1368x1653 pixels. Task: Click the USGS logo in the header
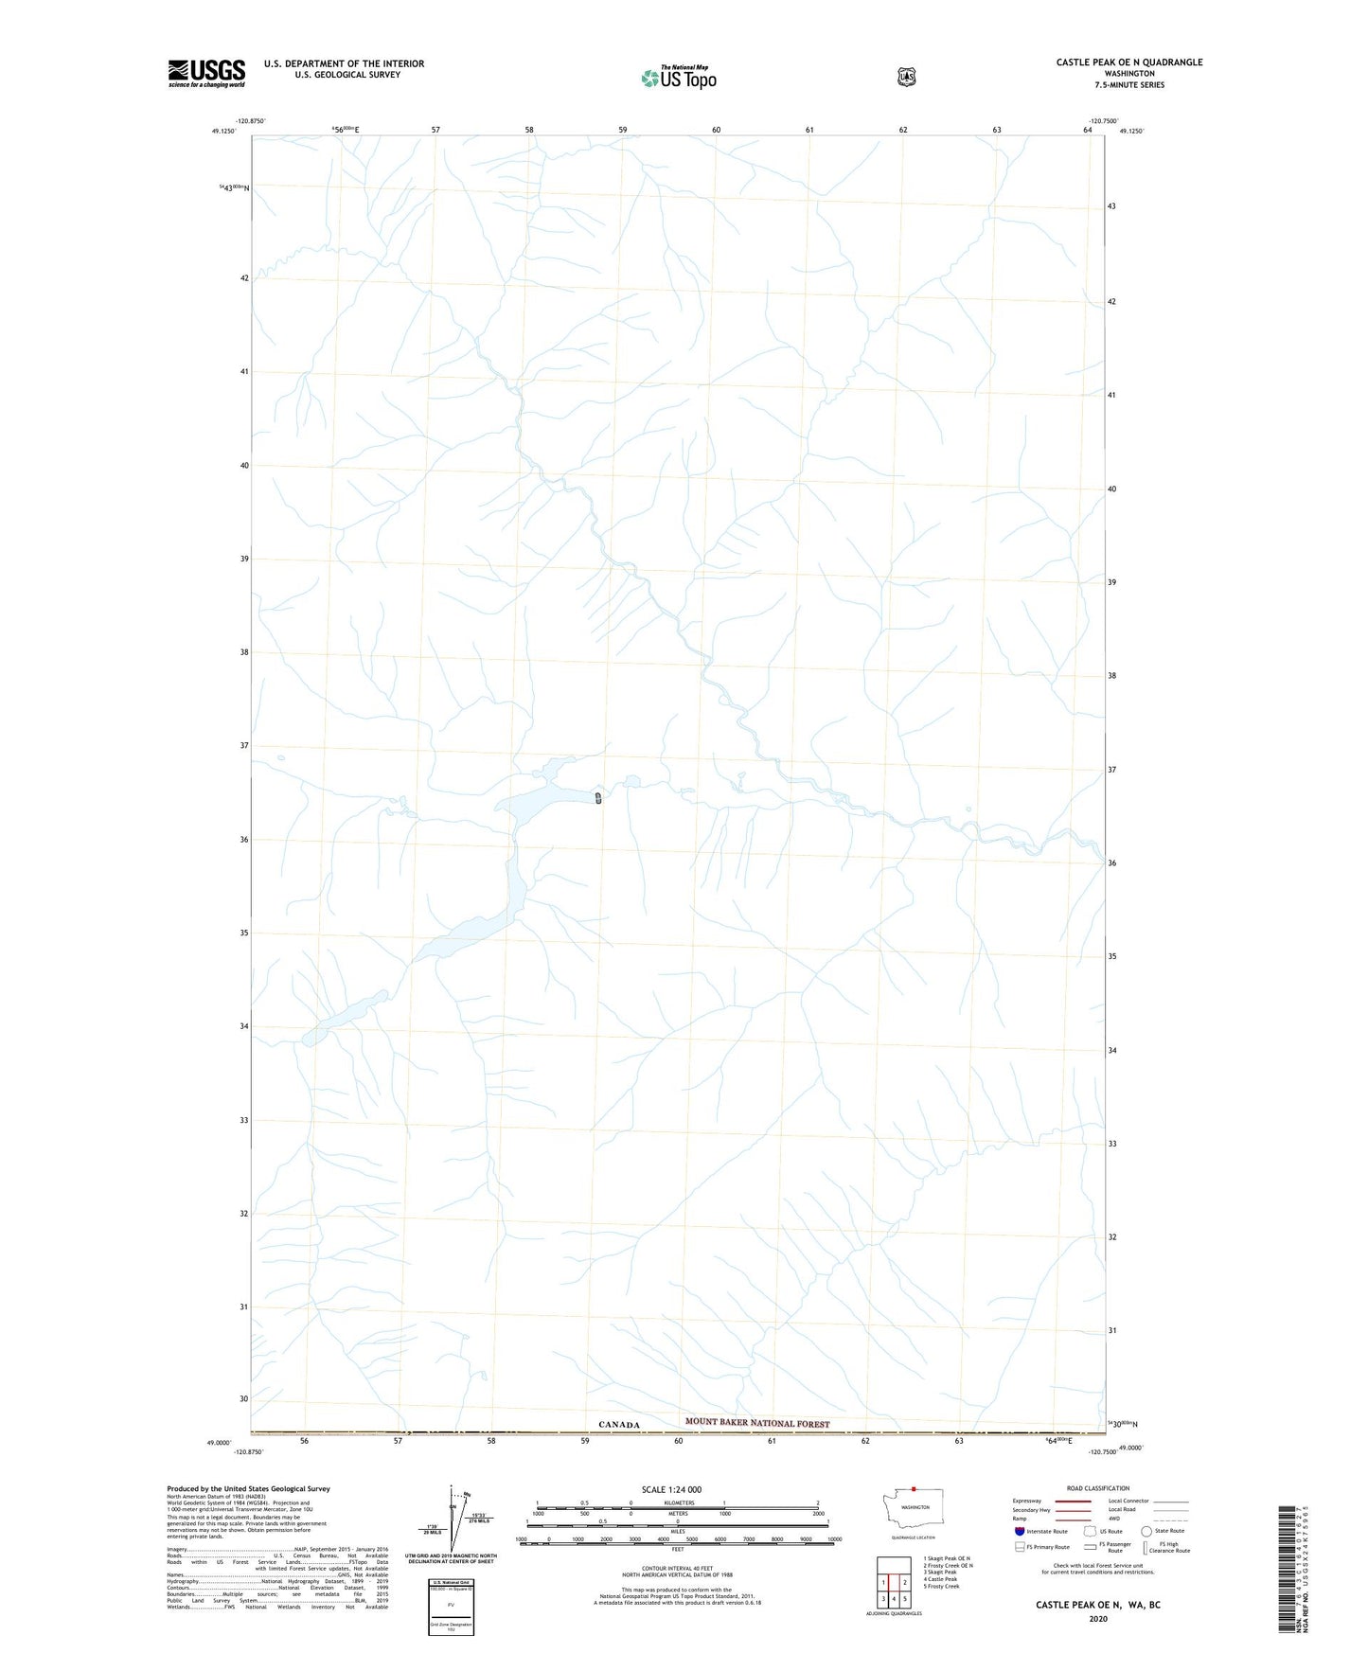coord(206,73)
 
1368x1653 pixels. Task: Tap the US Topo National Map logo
coord(679,77)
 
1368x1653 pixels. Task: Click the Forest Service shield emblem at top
coord(907,77)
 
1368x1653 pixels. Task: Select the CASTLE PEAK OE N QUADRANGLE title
coord(1129,62)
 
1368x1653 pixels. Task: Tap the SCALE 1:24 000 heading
coord(671,1489)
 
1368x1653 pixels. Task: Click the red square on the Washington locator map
coord(914,1488)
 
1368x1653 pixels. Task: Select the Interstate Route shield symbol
coord(1019,1531)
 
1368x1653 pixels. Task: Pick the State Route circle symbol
coord(1146,1531)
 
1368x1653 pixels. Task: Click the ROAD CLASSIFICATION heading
coord(1098,1488)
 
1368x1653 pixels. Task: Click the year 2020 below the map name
coord(1098,1619)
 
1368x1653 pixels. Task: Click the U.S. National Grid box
coord(452,1607)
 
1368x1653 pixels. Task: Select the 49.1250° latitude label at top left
coord(223,132)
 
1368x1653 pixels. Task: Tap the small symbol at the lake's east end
coord(598,798)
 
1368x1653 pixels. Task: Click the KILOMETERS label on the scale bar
coord(678,1502)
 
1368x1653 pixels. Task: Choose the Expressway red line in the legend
coord(1072,1501)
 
